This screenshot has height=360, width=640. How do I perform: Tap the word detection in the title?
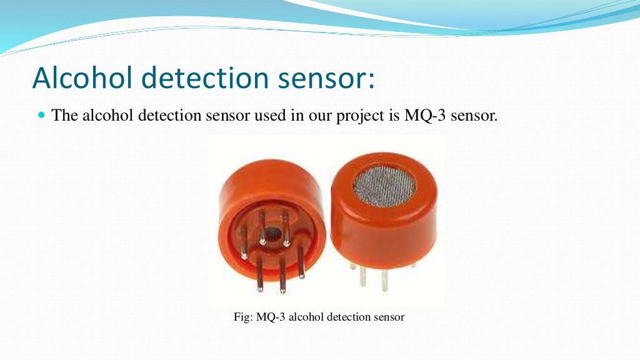pyautogui.click(x=208, y=78)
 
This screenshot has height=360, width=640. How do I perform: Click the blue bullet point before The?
pyautogui.click(x=42, y=115)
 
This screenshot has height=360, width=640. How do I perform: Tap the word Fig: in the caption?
pyautogui.click(x=243, y=317)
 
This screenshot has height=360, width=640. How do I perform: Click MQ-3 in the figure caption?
pyautogui.click(x=271, y=317)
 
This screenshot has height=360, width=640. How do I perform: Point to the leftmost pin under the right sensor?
pyautogui.click(x=362, y=275)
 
